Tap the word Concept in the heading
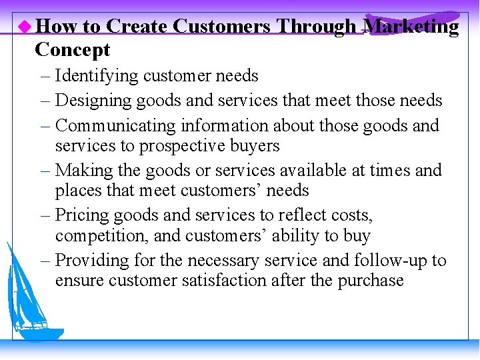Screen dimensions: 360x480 (x=72, y=50)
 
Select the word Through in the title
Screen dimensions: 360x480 (x=316, y=27)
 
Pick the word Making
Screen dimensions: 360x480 (x=79, y=171)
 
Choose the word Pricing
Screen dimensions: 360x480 (x=81, y=215)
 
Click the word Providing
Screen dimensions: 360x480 (x=91, y=260)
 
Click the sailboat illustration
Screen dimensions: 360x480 (x=32, y=293)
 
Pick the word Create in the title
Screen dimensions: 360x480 (x=136, y=27)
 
